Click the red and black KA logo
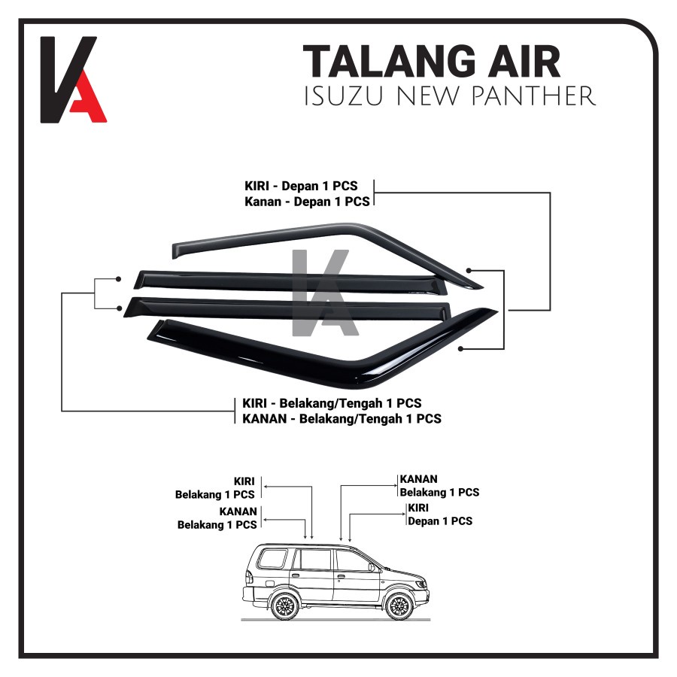pos(73,79)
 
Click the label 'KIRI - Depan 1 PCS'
pos(305,186)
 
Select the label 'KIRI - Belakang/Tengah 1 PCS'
pos(332,404)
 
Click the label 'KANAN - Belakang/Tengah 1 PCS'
pos(342,418)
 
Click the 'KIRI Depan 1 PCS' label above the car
pos(439,515)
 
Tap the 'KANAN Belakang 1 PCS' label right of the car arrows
pos(439,486)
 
